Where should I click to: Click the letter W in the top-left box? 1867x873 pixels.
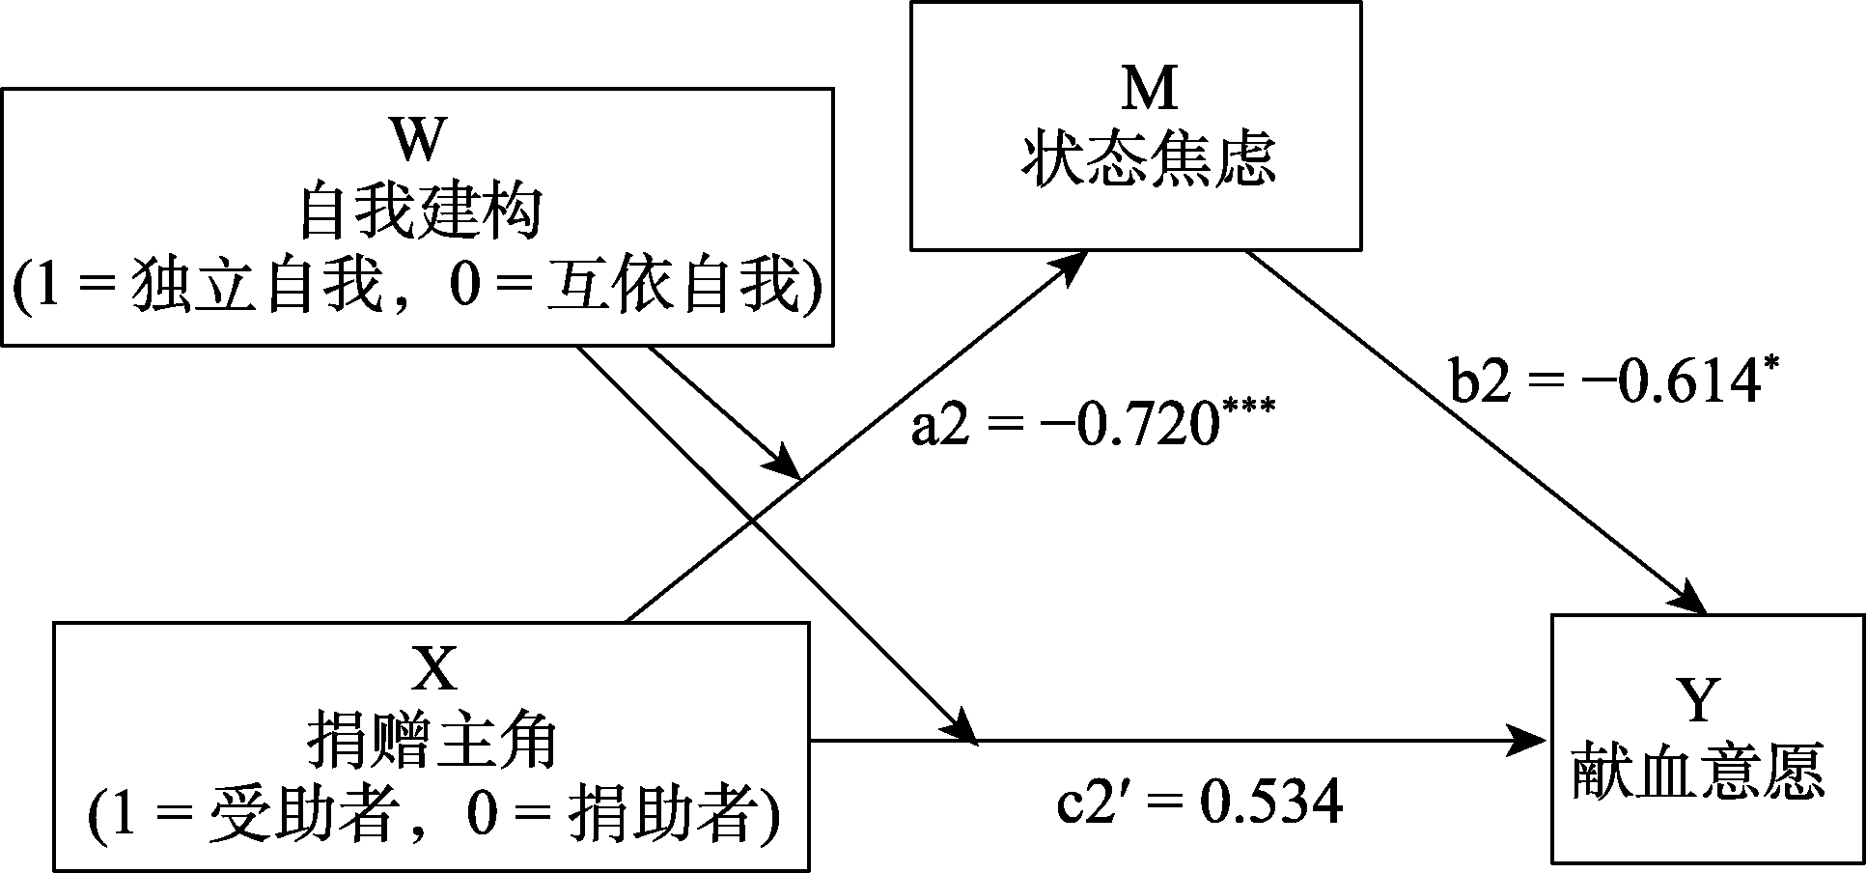coord(418,142)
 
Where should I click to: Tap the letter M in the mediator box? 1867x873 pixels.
coord(1150,91)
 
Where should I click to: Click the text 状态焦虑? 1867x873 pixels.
coord(1149,161)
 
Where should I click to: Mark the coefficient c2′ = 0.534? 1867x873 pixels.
coord(1197,802)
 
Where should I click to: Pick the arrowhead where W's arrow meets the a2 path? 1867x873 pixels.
coord(786,465)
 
